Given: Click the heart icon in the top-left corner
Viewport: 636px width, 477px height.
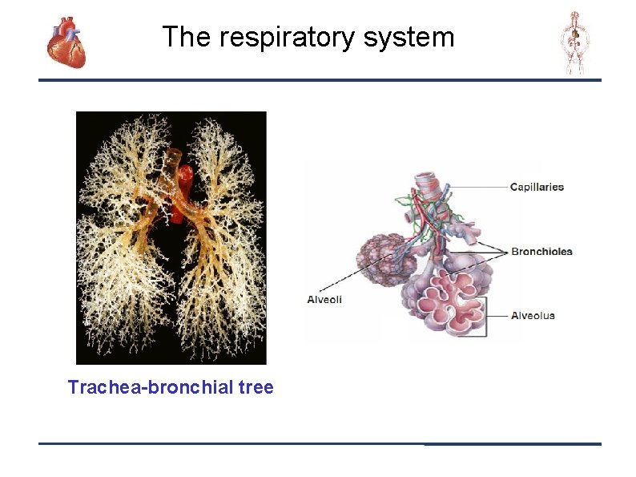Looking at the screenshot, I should point(66,42).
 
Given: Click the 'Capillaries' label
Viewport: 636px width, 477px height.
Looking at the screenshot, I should point(537,187).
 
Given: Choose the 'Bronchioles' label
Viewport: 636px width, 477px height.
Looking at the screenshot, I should point(541,251).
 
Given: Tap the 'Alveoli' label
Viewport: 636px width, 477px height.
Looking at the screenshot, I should point(324,299).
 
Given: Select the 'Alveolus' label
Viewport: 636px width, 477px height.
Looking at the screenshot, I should point(533,315).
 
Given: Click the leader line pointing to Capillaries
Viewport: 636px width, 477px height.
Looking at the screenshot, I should point(473,188).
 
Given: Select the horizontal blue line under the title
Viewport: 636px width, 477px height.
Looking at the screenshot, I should point(320,80).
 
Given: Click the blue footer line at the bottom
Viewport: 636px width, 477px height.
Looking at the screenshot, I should point(320,443).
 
